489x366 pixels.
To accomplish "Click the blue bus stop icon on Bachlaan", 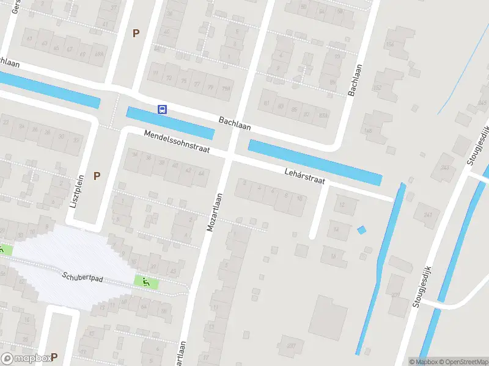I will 162,109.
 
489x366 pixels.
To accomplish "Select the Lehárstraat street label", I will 304,176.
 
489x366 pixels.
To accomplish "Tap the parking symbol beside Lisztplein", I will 97,176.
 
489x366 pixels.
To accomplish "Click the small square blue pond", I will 361,230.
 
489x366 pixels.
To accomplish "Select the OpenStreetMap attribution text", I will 463,362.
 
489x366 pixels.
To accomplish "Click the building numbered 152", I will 377,87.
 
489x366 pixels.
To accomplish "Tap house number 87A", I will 323,115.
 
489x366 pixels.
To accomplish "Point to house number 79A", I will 226,88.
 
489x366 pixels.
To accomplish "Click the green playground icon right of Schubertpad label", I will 146,282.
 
